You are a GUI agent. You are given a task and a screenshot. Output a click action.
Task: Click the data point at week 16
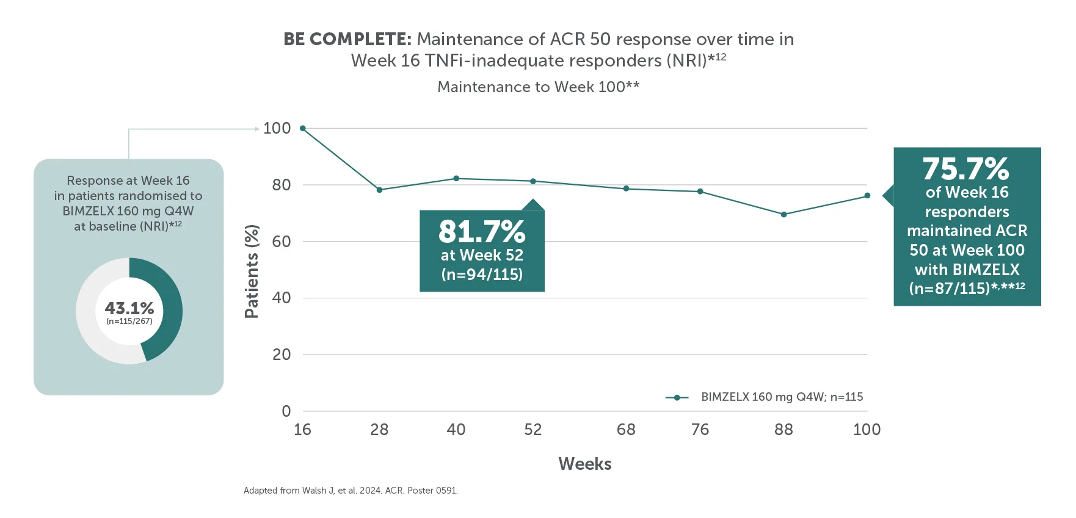tap(303, 129)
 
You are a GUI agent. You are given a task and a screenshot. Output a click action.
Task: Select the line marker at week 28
tap(379, 190)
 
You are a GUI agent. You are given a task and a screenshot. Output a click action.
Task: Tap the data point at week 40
tap(456, 179)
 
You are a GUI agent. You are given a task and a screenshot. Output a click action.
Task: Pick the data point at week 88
tap(783, 215)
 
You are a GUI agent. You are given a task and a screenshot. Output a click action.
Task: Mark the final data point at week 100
tap(867, 196)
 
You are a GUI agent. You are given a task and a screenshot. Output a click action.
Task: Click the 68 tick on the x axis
tap(626, 430)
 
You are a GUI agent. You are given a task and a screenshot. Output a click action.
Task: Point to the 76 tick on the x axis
tap(700, 430)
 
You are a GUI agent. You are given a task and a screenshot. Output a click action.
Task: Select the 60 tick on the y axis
tap(282, 242)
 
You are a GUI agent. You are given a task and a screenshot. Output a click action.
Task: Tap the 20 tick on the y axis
tap(282, 354)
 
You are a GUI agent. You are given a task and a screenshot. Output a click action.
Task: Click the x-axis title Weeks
tap(584, 464)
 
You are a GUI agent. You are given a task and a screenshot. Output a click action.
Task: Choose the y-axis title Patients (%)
tap(252, 272)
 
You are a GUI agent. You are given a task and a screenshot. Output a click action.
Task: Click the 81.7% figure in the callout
tap(482, 232)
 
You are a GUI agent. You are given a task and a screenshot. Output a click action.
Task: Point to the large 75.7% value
tap(966, 169)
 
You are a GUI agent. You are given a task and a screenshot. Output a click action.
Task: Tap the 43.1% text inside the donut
tap(129, 308)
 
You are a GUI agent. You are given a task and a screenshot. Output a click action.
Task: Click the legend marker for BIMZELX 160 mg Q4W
tap(677, 398)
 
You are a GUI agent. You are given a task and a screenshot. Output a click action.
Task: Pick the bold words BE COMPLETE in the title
tap(347, 40)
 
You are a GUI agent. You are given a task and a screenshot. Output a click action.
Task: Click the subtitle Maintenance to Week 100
tap(538, 87)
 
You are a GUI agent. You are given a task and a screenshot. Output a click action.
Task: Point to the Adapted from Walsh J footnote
tap(351, 491)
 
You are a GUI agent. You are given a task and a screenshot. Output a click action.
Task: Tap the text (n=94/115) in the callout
tap(482, 275)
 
